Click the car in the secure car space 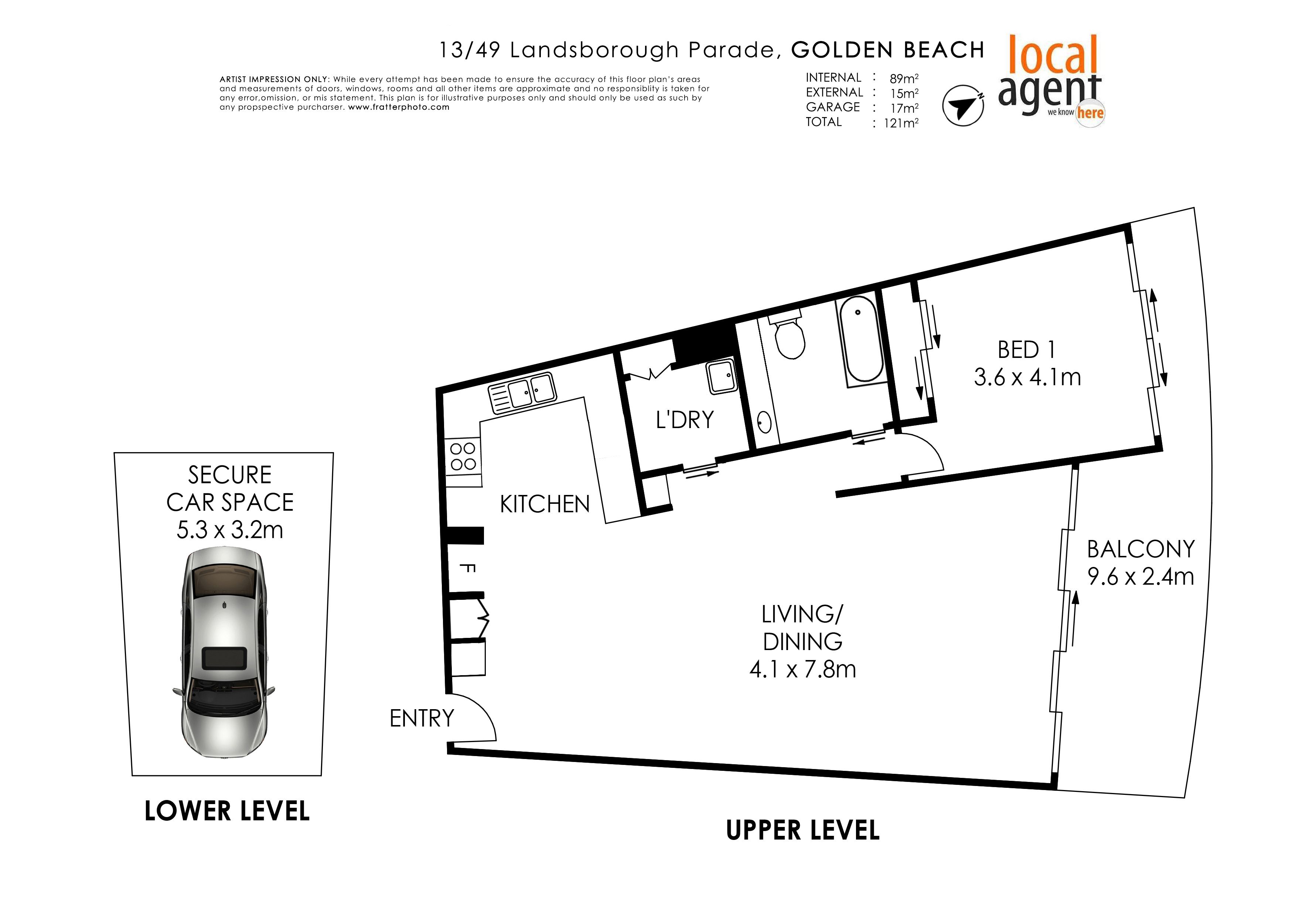224,653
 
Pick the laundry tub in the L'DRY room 722,376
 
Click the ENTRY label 422,718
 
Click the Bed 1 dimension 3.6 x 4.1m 1027,377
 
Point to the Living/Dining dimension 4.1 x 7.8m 803,669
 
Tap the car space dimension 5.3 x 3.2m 230,530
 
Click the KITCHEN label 545,504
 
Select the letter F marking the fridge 467,568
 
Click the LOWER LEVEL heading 227,811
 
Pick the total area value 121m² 901,123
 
